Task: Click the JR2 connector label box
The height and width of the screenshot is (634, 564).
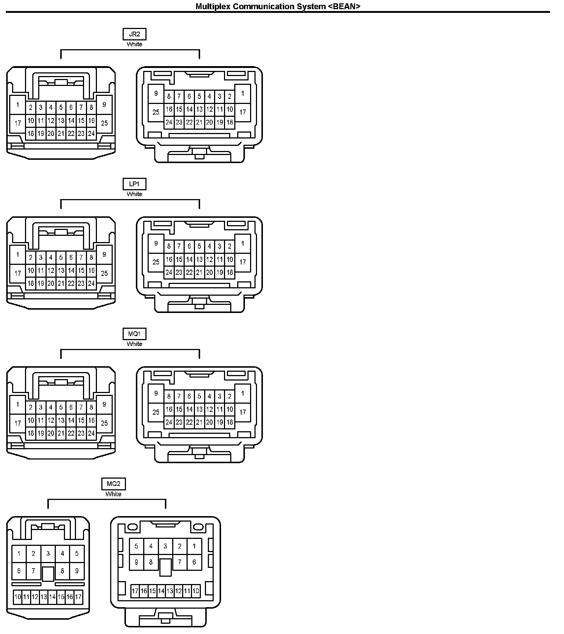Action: coord(134,34)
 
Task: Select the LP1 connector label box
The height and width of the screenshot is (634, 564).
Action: coord(134,184)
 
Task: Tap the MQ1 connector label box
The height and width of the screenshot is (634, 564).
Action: coord(134,334)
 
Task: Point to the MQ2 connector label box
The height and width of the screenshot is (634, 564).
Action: coord(113,484)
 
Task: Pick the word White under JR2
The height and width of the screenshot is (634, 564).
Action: coord(134,44)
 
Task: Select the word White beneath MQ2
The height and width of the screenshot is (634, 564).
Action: coord(113,494)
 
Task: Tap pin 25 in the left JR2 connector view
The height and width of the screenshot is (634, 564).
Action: coord(104,123)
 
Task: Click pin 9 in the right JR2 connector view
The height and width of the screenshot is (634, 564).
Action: coord(156,93)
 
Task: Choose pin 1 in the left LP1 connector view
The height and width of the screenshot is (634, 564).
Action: coord(18,255)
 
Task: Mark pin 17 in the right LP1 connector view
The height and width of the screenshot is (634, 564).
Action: coord(243,262)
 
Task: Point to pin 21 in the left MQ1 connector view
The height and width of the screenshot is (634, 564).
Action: coord(61,433)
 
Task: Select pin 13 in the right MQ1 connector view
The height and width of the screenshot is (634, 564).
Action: coord(199,409)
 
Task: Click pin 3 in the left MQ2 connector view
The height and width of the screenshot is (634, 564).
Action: coord(48,554)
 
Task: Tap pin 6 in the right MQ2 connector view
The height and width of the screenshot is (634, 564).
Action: coord(194,562)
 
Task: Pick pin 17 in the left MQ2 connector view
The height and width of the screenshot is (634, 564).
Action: coord(78,597)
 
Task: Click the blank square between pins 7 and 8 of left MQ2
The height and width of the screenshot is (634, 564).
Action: coord(48,574)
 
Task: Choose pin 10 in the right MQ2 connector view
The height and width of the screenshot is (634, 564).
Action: coord(196,591)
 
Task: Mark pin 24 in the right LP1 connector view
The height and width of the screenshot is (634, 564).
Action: coord(169,272)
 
